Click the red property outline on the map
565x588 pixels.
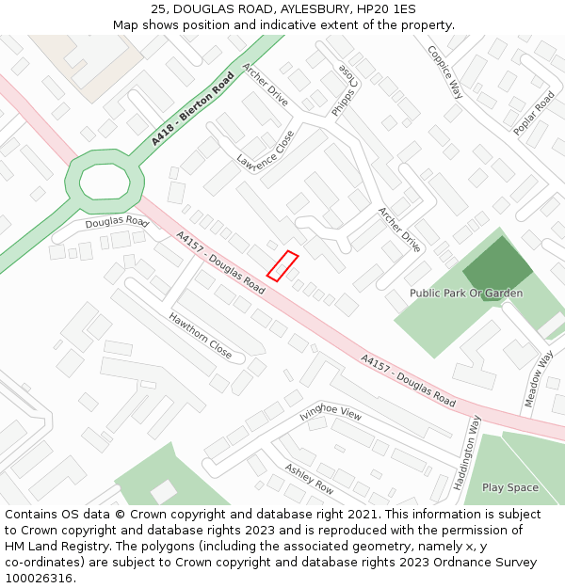pos(282,265)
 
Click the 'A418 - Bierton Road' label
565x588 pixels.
pos(192,109)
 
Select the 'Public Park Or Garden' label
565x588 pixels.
pos(465,294)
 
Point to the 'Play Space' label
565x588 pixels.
pos(509,487)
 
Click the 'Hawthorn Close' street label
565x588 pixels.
pos(200,336)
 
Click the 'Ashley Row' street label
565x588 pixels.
pos(309,480)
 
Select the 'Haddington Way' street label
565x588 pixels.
pos(466,453)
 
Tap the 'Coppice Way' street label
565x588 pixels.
pos(444,72)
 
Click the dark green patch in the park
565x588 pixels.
pos(498,267)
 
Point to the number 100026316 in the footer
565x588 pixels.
pos(40,578)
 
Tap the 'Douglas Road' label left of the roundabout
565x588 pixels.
pos(118,223)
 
